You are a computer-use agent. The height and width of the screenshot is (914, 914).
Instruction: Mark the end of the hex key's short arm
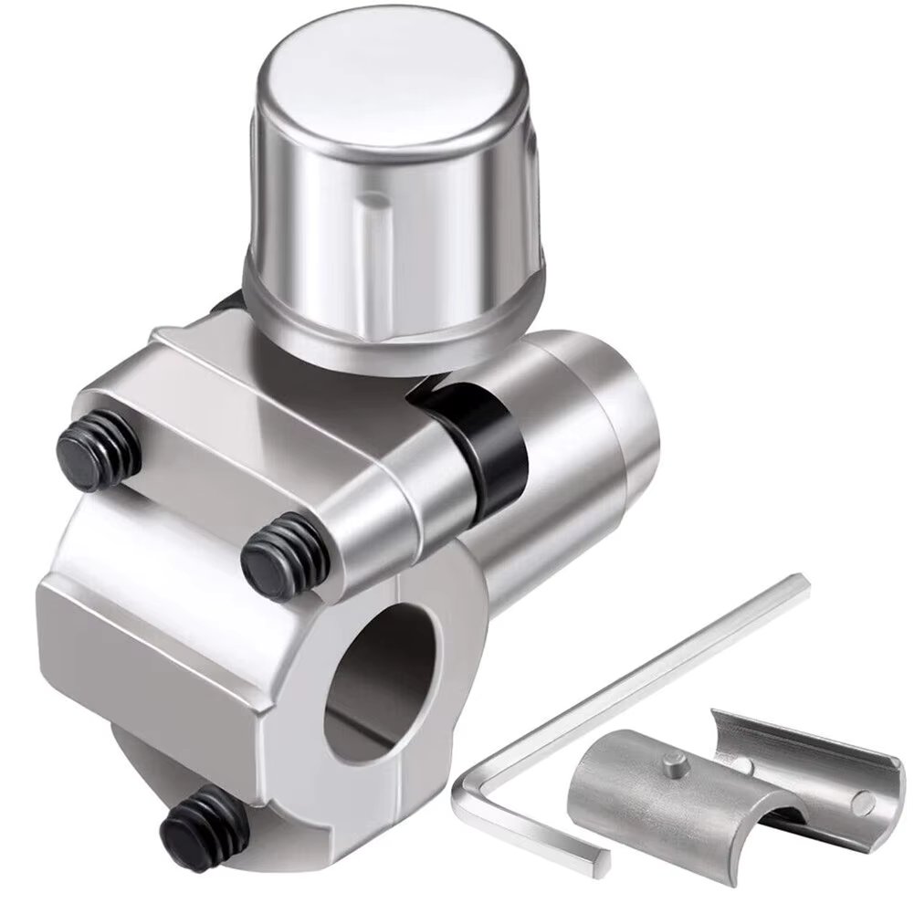pyautogui.click(x=598, y=859)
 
